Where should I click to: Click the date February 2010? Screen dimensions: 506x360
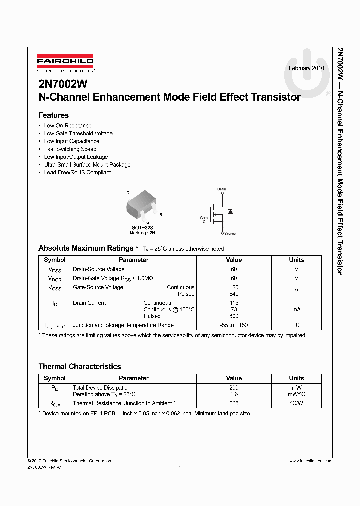pyautogui.click(x=306, y=68)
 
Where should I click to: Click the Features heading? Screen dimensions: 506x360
pyautogui.click(x=53, y=115)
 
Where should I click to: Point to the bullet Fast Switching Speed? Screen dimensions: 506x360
pyautogui.click(x=70, y=149)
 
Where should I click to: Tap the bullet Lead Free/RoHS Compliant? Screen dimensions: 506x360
pyautogui.click(x=77, y=172)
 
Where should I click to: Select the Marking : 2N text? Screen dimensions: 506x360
pyautogui.click(x=142, y=233)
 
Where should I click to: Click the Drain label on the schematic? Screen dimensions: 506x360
pyautogui.click(x=222, y=189)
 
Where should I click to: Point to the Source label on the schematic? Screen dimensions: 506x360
pyautogui.click(x=230, y=233)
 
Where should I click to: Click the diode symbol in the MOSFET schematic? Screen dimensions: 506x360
pyautogui.click(x=230, y=211)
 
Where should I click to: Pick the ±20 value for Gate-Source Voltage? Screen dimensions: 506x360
pyautogui.click(x=234, y=287)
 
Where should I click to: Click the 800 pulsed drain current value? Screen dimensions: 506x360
pyautogui.click(x=234, y=316)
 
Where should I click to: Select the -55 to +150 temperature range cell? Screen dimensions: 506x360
pyautogui.click(x=234, y=325)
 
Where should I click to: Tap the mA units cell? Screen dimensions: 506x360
pyautogui.click(x=296, y=309)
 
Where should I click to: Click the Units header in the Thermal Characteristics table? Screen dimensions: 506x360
pyautogui.click(x=296, y=378)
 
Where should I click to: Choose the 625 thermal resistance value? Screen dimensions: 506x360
pyautogui.click(x=234, y=403)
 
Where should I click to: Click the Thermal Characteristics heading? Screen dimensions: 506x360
pyautogui.click(x=80, y=367)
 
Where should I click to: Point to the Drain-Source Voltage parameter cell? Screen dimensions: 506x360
pyautogui.click(x=99, y=269)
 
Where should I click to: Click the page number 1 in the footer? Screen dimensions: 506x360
pyautogui.click(x=180, y=467)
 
